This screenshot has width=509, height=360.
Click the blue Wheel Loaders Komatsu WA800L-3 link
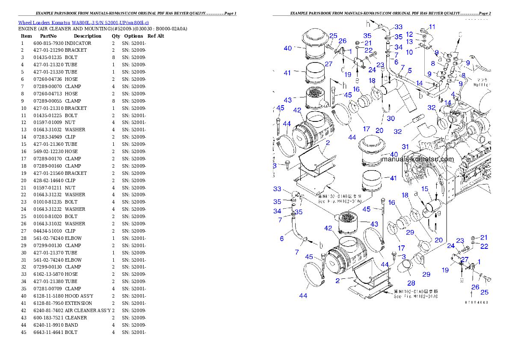83,23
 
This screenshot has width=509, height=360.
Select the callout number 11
432,27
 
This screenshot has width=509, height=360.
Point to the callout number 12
409,34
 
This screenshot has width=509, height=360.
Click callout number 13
409,42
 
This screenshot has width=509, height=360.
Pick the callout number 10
409,52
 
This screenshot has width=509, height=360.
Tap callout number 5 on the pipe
409,71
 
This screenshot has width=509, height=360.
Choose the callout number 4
453,94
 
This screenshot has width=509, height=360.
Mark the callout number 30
391,118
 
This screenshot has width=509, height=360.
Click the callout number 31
405,147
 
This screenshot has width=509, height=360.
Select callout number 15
425,189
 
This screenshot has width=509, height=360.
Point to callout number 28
411,283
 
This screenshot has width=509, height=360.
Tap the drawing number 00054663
476,302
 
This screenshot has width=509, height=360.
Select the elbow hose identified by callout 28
405,269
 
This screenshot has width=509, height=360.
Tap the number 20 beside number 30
379,130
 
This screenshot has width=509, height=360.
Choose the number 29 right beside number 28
426,274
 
